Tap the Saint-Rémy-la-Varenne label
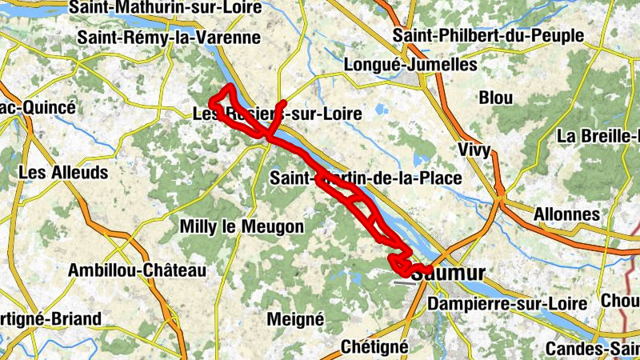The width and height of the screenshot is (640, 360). pos(169,38)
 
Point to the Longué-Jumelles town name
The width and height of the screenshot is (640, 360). pos(409,65)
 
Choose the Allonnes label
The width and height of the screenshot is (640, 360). pos(566,214)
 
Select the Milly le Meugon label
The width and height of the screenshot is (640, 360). pos(242,227)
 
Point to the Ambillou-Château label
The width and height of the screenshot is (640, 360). pos(138,270)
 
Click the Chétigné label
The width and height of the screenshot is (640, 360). pos(374,347)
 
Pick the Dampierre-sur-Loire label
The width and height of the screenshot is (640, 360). pos(507,304)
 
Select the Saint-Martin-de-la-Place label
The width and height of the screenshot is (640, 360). pos(366,178)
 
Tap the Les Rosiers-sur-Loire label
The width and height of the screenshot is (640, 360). pos(277,114)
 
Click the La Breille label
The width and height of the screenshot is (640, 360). pos(597,135)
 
